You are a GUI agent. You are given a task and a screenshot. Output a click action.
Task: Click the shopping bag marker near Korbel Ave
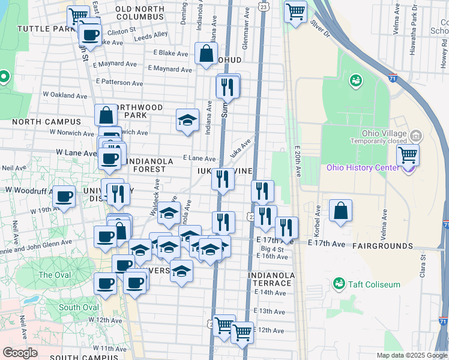pos(340,211)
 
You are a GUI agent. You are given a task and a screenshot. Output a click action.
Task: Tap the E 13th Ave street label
pos(270,311)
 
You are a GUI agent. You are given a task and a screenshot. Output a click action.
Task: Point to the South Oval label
pos(79,308)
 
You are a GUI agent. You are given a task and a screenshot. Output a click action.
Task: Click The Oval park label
pos(54,275)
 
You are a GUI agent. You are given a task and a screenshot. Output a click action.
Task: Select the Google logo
pos(20,353)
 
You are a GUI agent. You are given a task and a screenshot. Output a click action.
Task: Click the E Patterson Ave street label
pos(119,82)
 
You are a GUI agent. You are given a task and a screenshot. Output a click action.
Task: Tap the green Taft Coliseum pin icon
pos(340,283)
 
